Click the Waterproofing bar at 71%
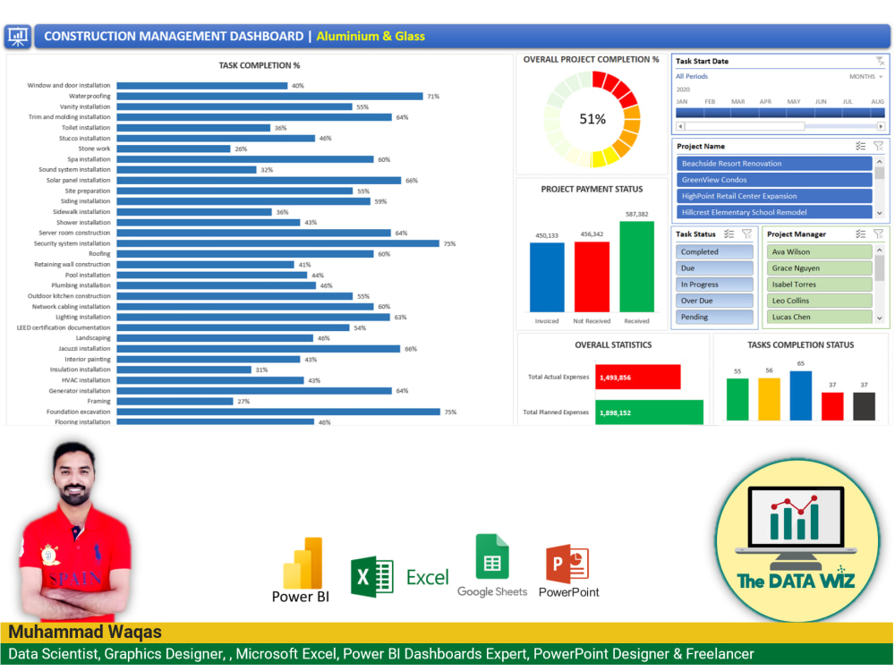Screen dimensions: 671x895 (x=268, y=96)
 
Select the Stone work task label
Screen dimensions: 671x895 (x=94, y=149)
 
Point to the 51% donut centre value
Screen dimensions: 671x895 (x=592, y=119)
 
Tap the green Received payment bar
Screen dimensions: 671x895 (x=636, y=267)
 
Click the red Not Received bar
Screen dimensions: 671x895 (x=592, y=276)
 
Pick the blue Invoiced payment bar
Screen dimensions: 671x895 (x=547, y=277)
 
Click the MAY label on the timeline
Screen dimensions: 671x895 (x=793, y=101)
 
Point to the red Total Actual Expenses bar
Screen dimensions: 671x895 (x=638, y=377)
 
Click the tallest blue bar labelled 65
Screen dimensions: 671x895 (x=800, y=395)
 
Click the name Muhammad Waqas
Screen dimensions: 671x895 (x=85, y=632)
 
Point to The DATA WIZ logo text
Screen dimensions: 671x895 (x=796, y=581)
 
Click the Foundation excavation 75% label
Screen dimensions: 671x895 (x=450, y=412)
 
